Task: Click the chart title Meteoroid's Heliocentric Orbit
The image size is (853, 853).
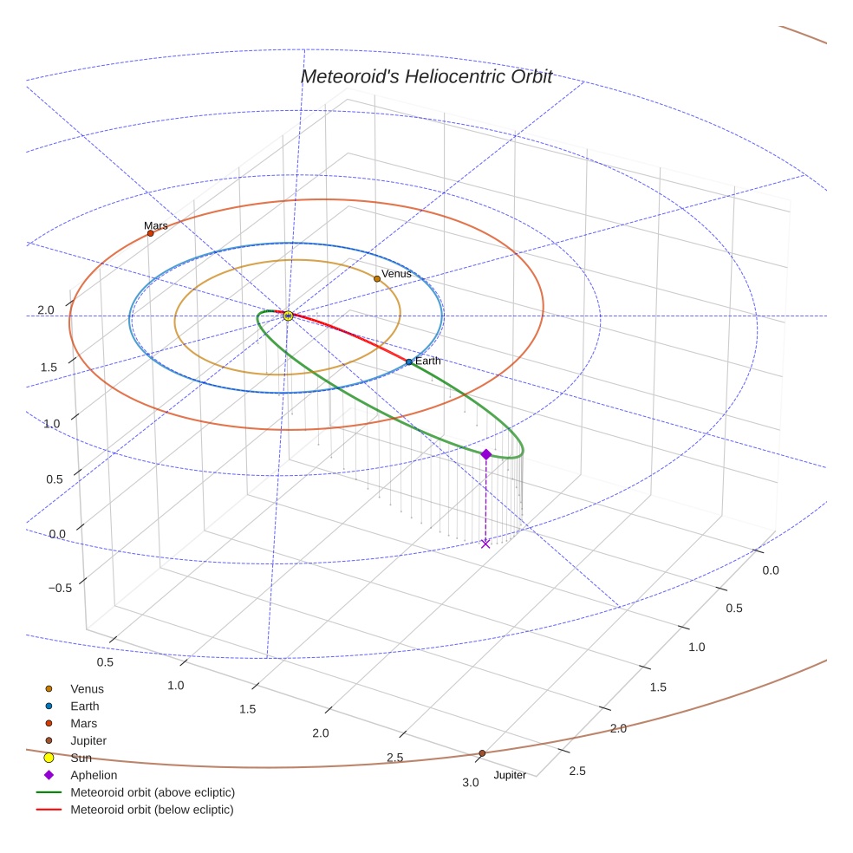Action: [x=426, y=76]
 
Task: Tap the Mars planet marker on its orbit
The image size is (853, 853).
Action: [x=150, y=233]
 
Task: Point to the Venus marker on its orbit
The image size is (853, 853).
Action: [x=376, y=278]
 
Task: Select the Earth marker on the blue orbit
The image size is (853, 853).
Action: [x=409, y=361]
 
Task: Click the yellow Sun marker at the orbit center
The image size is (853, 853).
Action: [x=288, y=316]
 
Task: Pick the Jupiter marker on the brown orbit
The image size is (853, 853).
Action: [x=482, y=753]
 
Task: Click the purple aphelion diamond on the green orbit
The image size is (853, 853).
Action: [x=485, y=454]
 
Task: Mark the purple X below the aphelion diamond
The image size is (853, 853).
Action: [x=485, y=544]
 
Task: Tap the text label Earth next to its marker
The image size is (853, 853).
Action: [x=428, y=361]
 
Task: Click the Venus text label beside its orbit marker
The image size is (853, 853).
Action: [x=396, y=274]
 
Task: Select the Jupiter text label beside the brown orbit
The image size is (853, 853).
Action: [x=510, y=775]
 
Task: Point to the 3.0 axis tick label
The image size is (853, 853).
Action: [x=470, y=783]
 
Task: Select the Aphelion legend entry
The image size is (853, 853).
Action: [x=93, y=775]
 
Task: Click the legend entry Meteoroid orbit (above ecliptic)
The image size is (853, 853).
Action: [x=153, y=792]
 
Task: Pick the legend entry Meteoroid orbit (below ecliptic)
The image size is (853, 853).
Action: [x=152, y=810]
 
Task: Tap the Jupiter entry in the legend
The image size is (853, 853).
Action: [x=88, y=740]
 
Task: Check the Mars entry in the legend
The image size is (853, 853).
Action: [x=83, y=723]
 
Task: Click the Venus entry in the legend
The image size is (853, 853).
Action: [x=87, y=689]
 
